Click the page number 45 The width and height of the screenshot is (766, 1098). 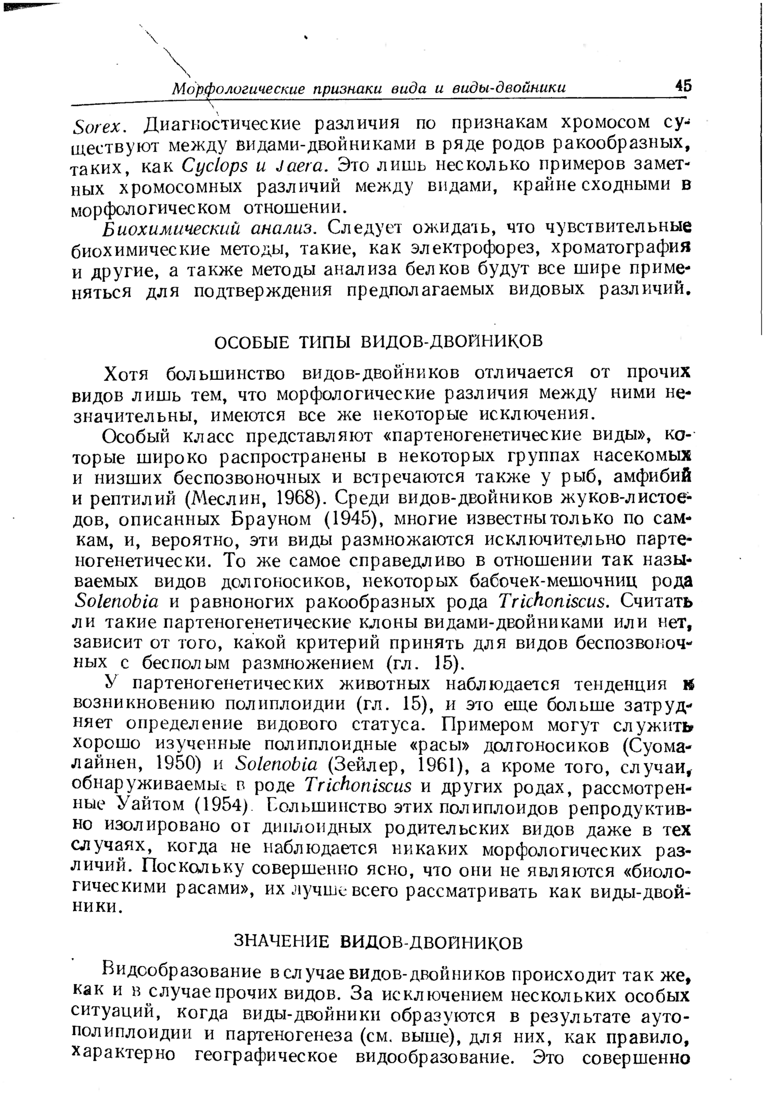682,85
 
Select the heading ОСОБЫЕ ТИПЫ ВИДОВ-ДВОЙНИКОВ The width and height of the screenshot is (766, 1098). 379,341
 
